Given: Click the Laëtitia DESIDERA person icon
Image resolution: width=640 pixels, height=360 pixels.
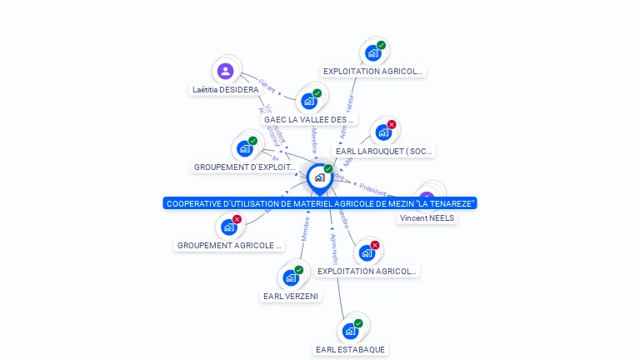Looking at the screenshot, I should [225, 71].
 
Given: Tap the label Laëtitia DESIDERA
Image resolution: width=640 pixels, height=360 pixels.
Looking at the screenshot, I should [225, 89].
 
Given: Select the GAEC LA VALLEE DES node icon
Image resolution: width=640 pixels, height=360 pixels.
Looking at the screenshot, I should [309, 101].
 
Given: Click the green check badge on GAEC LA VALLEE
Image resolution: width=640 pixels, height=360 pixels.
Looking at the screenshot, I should [317, 93].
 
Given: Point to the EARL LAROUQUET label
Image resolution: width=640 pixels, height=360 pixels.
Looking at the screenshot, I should [384, 152].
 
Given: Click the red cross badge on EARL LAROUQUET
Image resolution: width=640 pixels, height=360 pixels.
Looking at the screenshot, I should [392, 125].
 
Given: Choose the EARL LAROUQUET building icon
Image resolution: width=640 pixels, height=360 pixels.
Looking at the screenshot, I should [383, 132].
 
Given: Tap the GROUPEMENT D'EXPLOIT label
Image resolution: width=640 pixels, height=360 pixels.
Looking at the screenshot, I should [245, 167].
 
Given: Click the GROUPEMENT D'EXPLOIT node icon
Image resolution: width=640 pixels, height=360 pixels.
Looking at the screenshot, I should [245, 148].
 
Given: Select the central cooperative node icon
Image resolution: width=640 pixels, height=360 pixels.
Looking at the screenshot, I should [319, 177].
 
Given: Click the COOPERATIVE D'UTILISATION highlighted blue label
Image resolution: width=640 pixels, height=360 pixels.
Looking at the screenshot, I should [320, 203].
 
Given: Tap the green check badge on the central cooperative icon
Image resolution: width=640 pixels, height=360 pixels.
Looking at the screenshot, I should [328, 169].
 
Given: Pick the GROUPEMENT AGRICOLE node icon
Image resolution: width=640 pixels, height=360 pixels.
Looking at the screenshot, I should [229, 227].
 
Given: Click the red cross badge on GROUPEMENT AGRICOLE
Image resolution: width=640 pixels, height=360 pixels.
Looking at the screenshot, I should [237, 219].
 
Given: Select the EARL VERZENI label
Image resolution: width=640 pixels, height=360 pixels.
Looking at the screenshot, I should [291, 296].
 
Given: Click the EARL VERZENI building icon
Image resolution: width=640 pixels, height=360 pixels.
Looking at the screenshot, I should [290, 277].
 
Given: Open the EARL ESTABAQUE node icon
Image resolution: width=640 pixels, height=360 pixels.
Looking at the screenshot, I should [351, 331].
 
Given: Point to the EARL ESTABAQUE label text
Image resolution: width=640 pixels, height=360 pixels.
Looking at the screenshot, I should [351, 349].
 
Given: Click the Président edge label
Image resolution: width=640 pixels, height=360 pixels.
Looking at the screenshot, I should [374, 189].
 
